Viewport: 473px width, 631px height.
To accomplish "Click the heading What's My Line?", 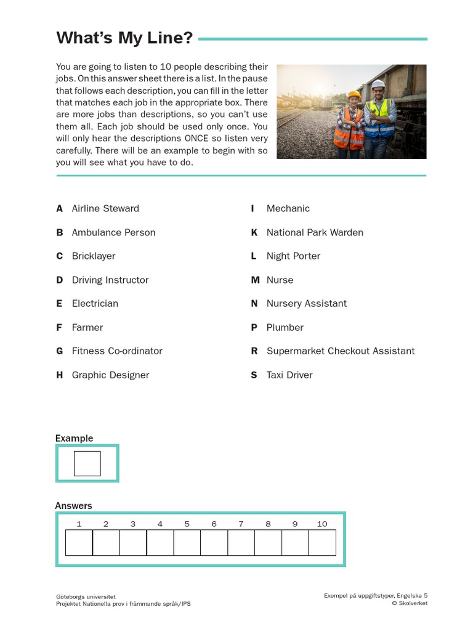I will (x=124, y=38).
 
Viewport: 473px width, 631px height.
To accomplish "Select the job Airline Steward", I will (x=105, y=208).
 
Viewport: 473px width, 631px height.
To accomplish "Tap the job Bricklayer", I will (x=94, y=256).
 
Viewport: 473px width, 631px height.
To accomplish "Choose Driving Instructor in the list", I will (x=110, y=280).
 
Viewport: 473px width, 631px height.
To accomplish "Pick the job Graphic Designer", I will (x=110, y=375).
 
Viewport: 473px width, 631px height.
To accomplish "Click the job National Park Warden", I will (x=315, y=232).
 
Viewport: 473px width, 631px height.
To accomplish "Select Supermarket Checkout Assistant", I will (x=341, y=351).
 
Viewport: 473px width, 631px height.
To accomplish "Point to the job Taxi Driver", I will (x=289, y=375).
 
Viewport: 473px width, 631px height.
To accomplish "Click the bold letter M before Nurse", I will (x=254, y=280).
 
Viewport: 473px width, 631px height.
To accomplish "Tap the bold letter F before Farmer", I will (x=59, y=327).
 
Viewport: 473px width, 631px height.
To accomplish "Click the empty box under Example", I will (x=87, y=463).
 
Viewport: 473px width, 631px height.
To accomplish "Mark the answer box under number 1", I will (x=79, y=542).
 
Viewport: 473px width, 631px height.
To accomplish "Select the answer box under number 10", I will (x=322, y=542).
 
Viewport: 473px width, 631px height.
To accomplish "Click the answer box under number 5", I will (x=187, y=542).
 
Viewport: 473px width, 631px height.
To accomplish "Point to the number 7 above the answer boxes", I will (x=241, y=524).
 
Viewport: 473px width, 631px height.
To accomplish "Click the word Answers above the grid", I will (x=73, y=505).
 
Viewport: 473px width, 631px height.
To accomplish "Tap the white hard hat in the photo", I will (x=378, y=84).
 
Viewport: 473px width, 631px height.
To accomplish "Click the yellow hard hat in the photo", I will (x=354, y=96).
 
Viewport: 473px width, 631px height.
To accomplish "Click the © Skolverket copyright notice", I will (x=409, y=603).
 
